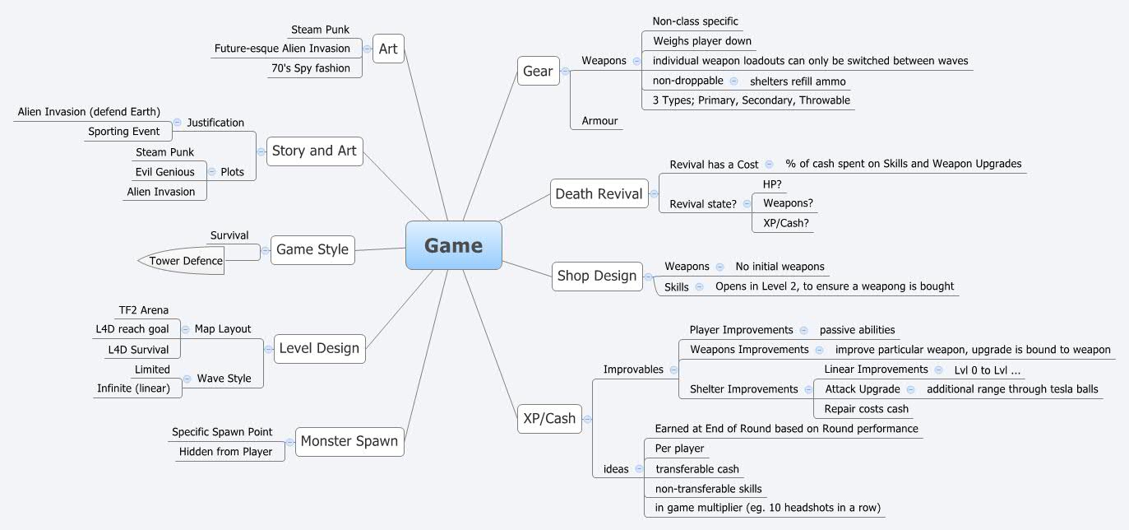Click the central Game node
tap(453, 245)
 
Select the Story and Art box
tap(314, 151)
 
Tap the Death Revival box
tap(599, 194)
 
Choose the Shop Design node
tap(597, 276)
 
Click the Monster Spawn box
tap(349, 441)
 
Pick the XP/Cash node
tap(549, 418)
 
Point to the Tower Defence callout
tap(185, 261)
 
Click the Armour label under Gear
tap(599, 121)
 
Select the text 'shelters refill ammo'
tap(797, 81)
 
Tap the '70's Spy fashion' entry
tap(310, 68)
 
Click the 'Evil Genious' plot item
tap(164, 172)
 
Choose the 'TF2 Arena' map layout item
tap(143, 310)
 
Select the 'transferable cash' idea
tap(696, 469)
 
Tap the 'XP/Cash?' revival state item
tap(780, 223)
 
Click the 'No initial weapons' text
tap(780, 267)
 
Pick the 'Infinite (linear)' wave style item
tap(133, 388)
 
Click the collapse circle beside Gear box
tap(565, 72)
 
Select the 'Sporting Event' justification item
tap(123, 132)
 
